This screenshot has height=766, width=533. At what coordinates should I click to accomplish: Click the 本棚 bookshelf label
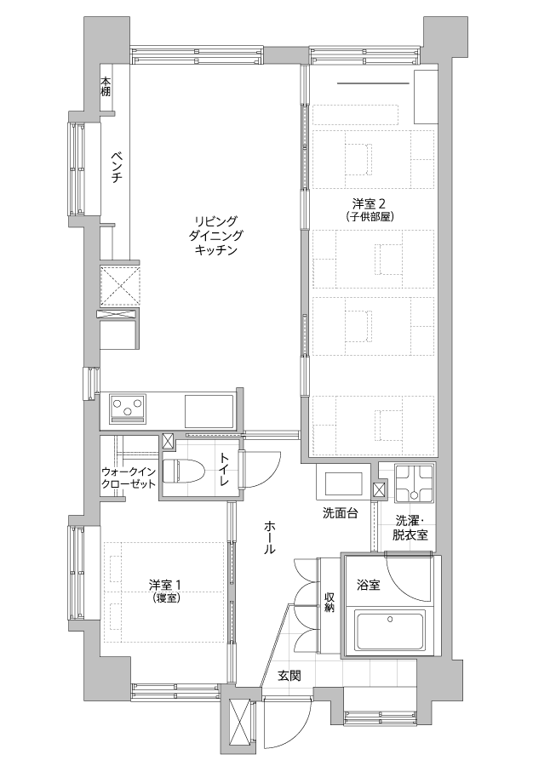(106, 87)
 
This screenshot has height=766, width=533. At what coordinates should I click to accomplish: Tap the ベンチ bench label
(117, 167)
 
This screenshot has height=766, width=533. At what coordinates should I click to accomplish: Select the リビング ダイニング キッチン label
(215, 236)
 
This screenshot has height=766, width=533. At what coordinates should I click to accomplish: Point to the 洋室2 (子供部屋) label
(370, 209)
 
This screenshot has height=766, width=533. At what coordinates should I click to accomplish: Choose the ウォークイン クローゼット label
(129, 477)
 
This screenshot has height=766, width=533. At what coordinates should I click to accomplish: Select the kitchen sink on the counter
(209, 411)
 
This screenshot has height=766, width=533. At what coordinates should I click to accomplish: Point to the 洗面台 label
(341, 513)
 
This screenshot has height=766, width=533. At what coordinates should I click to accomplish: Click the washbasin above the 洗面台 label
(341, 483)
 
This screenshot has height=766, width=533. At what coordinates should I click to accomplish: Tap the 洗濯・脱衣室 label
(410, 528)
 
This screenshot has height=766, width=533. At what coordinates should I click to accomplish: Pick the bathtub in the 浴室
(389, 629)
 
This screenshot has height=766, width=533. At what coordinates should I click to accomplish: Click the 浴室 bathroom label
(369, 585)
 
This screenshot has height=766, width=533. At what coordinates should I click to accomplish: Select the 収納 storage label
(330, 602)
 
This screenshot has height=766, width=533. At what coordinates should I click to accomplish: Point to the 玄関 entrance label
(289, 676)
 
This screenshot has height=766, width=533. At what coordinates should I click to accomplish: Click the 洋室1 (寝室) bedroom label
(166, 590)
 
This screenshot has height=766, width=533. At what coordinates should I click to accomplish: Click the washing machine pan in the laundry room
(415, 483)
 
